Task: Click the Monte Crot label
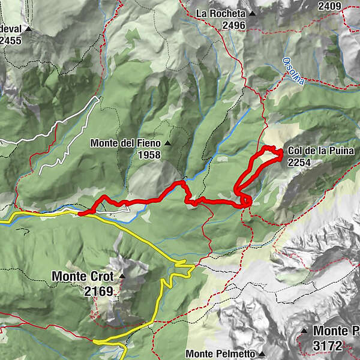84,277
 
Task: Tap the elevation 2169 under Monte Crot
99,292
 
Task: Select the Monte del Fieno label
126,143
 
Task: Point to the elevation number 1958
149,155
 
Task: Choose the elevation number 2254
299,161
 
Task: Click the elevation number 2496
233,25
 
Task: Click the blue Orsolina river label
293,72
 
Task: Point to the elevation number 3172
328,346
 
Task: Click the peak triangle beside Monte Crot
122,276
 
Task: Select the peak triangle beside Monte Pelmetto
262,354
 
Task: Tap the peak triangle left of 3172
305,331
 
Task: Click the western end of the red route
80,212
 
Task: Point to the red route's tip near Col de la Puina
281,154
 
